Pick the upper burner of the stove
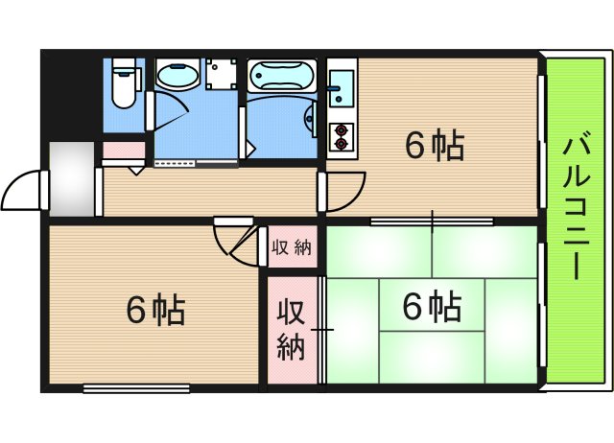point(340,128)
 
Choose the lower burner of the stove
point(340,144)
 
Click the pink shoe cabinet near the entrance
point(124,151)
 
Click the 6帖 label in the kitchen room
point(435,147)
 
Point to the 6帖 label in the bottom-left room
point(155,310)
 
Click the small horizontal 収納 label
point(291,248)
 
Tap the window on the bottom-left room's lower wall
point(135,387)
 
